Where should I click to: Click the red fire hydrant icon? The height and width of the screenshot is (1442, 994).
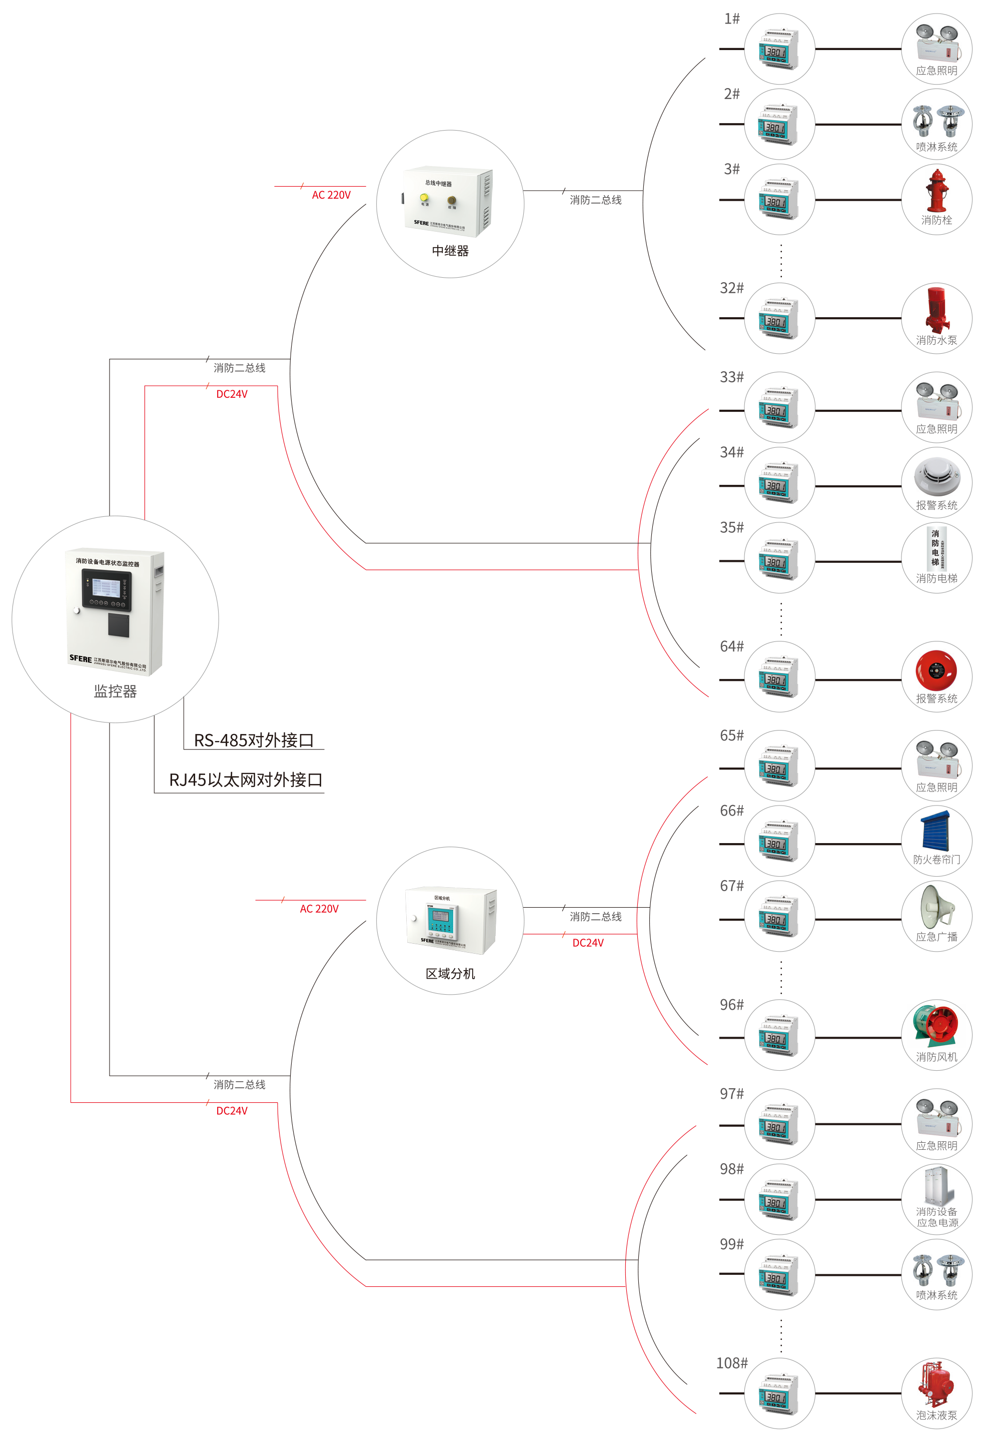[936, 191]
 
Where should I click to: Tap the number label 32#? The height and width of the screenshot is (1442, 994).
[731, 288]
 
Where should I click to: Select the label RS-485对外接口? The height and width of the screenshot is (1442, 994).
[254, 740]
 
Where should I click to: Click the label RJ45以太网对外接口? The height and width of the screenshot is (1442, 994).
[246, 780]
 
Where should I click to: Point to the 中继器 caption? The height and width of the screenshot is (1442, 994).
[450, 251]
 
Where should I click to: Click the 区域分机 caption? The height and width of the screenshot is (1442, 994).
[450, 974]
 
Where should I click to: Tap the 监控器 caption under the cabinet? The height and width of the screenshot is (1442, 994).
[115, 691]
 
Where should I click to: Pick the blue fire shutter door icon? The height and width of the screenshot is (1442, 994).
[935, 830]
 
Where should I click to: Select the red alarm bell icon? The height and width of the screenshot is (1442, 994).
[935, 670]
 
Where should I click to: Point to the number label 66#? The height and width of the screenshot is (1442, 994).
[731, 811]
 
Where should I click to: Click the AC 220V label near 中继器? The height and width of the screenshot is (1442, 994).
[331, 195]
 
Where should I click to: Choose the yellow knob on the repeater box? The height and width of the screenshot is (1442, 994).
[424, 198]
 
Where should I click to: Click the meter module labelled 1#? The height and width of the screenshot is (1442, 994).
[778, 49]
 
